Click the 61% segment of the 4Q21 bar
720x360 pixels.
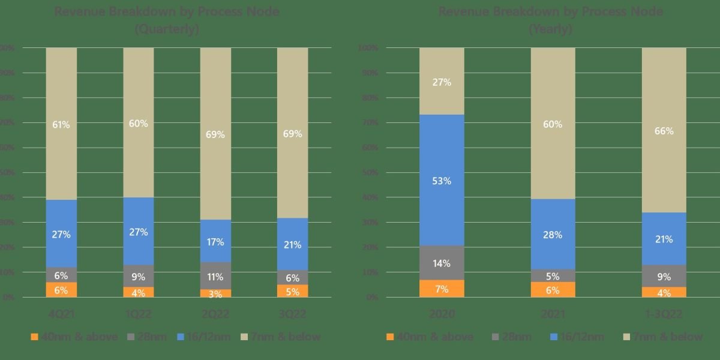[x=61, y=124]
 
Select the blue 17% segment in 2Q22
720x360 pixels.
[x=215, y=241]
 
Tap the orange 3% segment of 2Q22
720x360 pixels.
[x=215, y=293]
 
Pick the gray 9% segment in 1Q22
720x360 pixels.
[x=139, y=276]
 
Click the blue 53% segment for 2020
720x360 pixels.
[x=442, y=180]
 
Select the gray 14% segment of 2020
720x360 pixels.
[x=442, y=263]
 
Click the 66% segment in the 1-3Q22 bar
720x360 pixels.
[x=664, y=130]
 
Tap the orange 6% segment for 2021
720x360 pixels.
[x=553, y=290]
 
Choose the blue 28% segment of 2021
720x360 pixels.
[x=553, y=234]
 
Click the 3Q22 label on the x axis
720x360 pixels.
[x=292, y=314]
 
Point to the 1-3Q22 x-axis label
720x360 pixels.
[x=664, y=314]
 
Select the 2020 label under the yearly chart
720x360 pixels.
[x=442, y=314]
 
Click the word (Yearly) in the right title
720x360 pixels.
[x=550, y=29]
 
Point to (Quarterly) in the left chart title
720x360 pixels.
[x=167, y=29]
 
